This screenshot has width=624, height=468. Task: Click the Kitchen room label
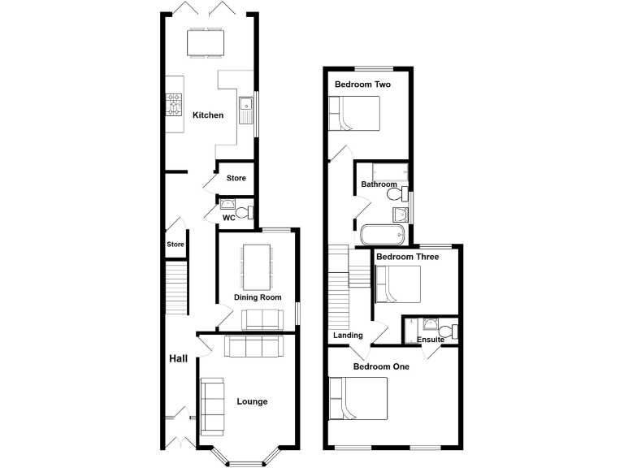pyautogui.click(x=207, y=115)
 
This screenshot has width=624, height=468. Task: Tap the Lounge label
pyautogui.click(x=252, y=401)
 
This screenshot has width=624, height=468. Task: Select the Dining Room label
pyautogui.click(x=258, y=297)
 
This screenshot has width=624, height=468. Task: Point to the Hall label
pyautogui.click(x=178, y=358)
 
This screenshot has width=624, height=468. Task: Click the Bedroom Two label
pyautogui.click(x=359, y=84)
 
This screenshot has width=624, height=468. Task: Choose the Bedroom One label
pyautogui.click(x=381, y=366)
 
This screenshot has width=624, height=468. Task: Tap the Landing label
pyautogui.click(x=348, y=335)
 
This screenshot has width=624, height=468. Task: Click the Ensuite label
pyautogui.click(x=430, y=339)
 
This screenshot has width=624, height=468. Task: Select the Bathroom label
pyautogui.click(x=379, y=184)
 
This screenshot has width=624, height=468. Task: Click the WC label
pyautogui.click(x=229, y=218)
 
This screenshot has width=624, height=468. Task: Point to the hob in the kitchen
pyautogui.click(x=175, y=104)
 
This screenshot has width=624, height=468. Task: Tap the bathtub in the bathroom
pyautogui.click(x=382, y=235)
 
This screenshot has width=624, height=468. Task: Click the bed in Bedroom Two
pyautogui.click(x=354, y=113)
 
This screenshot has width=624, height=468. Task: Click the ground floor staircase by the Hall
pyautogui.click(x=176, y=288)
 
